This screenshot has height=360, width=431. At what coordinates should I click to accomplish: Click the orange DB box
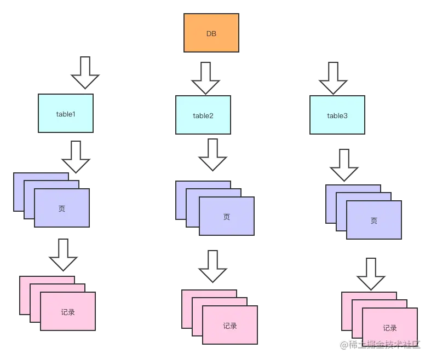pyautogui.click(x=211, y=33)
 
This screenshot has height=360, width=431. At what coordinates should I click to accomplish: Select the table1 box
pyautogui.click(x=66, y=113)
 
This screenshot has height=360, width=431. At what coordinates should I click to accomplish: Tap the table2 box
pyautogui.click(x=203, y=115)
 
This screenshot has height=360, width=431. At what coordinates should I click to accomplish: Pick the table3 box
pyautogui.click(x=337, y=115)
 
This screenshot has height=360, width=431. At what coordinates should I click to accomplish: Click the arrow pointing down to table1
pyautogui.click(x=85, y=71)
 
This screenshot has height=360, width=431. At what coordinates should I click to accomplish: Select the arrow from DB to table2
pyautogui.click(x=205, y=78)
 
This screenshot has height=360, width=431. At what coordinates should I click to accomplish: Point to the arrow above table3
pyautogui.click(x=333, y=78)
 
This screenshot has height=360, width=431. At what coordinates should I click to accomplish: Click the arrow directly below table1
pyautogui.click(x=76, y=156)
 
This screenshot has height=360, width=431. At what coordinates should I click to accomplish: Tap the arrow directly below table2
pyautogui.click(x=212, y=155)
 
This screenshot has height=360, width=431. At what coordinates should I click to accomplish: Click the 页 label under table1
pyautogui.click(x=61, y=208)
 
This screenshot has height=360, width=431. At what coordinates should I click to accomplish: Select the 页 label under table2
pyautogui.click(x=227, y=217)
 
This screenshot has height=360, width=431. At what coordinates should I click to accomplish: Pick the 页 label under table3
pyautogui.click(x=374, y=221)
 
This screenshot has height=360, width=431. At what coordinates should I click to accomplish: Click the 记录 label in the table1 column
pyautogui.click(x=68, y=312)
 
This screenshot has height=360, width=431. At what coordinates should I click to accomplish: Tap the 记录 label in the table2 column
pyautogui.click(x=230, y=326)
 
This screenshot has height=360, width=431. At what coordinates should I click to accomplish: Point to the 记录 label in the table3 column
pyautogui.click(x=390, y=328)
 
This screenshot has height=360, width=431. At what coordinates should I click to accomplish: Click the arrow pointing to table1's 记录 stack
pyautogui.click(x=64, y=254)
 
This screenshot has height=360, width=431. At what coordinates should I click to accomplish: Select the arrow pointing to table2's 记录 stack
pyautogui.click(x=212, y=266)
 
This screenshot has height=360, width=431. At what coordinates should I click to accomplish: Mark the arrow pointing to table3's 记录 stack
pyautogui.click(x=371, y=274)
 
